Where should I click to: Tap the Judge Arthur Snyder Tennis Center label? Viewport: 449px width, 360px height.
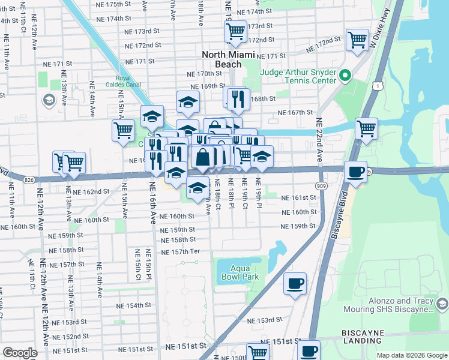tap(298, 77)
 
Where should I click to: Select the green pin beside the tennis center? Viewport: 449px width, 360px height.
tap(345, 76)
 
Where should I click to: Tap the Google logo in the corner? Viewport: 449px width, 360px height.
tap(20, 353)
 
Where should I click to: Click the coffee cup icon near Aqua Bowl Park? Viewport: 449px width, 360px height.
tap(295, 283)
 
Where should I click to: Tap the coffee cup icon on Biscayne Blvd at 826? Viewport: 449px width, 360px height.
tap(355, 172)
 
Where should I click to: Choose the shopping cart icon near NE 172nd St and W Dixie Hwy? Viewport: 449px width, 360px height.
tap(357, 40)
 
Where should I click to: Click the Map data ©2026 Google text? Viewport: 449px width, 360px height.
tap(411, 355)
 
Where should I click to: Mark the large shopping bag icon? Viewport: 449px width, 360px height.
tap(203, 157)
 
